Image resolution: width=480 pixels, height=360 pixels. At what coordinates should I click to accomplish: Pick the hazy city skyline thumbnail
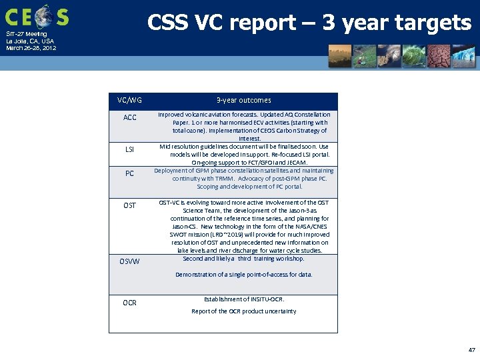(x=340, y=57)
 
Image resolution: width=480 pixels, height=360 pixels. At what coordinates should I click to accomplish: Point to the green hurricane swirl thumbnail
(x=414, y=57)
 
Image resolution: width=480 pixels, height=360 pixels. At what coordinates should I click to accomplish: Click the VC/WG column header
(x=129, y=100)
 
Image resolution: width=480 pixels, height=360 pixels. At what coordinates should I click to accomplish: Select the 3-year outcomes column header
(x=243, y=100)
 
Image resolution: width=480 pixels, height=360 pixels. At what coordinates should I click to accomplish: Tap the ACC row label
(x=129, y=118)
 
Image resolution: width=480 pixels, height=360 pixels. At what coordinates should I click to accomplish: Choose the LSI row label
(x=129, y=149)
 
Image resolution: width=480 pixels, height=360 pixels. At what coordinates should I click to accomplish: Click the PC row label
(x=129, y=174)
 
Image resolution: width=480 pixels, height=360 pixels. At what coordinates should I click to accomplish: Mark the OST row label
(x=129, y=205)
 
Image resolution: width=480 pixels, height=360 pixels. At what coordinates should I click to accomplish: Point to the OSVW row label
(x=129, y=261)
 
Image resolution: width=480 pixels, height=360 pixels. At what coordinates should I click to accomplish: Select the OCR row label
(x=129, y=303)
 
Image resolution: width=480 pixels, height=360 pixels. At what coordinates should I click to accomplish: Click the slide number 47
(x=471, y=349)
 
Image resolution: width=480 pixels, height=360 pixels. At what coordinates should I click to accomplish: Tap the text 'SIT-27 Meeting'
(x=27, y=33)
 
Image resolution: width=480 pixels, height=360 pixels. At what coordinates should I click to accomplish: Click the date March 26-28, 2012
(x=31, y=48)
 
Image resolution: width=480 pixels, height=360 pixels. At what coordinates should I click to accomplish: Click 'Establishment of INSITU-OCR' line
(x=243, y=299)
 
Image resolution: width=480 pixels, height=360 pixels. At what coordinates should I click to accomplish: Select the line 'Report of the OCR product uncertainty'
(x=243, y=311)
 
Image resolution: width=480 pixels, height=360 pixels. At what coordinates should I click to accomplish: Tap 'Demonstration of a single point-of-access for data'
(x=243, y=275)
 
